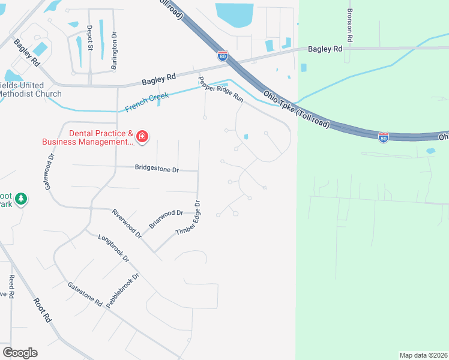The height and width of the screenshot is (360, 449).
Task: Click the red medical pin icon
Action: click(142, 137)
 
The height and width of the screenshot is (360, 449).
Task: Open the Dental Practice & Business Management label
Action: click(88, 137)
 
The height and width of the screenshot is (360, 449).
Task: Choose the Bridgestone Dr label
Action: click(157, 170)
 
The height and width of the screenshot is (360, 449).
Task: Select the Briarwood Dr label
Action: click(166, 218)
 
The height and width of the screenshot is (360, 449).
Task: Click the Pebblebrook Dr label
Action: click(122, 290)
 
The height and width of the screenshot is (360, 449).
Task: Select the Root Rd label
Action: click(42, 311)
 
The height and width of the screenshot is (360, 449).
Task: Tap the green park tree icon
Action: click(21, 198)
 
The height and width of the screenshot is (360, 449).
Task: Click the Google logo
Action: click(20, 353)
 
